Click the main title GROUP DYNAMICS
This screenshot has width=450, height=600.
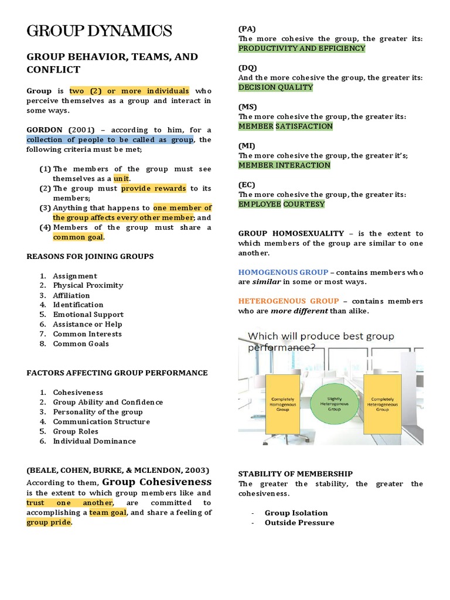coord(99,31)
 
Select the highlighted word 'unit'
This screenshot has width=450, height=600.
coord(122,178)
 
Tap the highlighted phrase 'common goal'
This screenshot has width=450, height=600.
coord(79,237)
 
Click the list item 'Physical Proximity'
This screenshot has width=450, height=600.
coord(88,285)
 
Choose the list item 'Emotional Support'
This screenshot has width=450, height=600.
coord(88,314)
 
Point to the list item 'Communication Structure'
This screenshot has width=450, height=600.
coord(101,421)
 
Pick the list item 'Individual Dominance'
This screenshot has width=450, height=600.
coord(94,441)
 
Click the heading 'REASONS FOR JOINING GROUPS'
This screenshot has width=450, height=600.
coord(90,256)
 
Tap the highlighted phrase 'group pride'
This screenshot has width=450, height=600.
coord(49,522)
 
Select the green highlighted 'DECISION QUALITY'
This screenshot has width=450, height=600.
coord(275,87)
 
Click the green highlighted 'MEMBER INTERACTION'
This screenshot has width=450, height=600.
coord(284,165)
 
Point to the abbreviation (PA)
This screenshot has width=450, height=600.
coord(247,29)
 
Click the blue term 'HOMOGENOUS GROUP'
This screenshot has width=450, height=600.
coord(283,272)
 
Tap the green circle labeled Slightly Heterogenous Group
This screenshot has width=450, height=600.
coord(333,404)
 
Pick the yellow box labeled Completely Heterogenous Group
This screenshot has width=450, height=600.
coord(382,404)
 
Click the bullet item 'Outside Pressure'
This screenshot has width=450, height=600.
coord(299,522)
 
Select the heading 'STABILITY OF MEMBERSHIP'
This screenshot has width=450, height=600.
coord(295,473)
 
